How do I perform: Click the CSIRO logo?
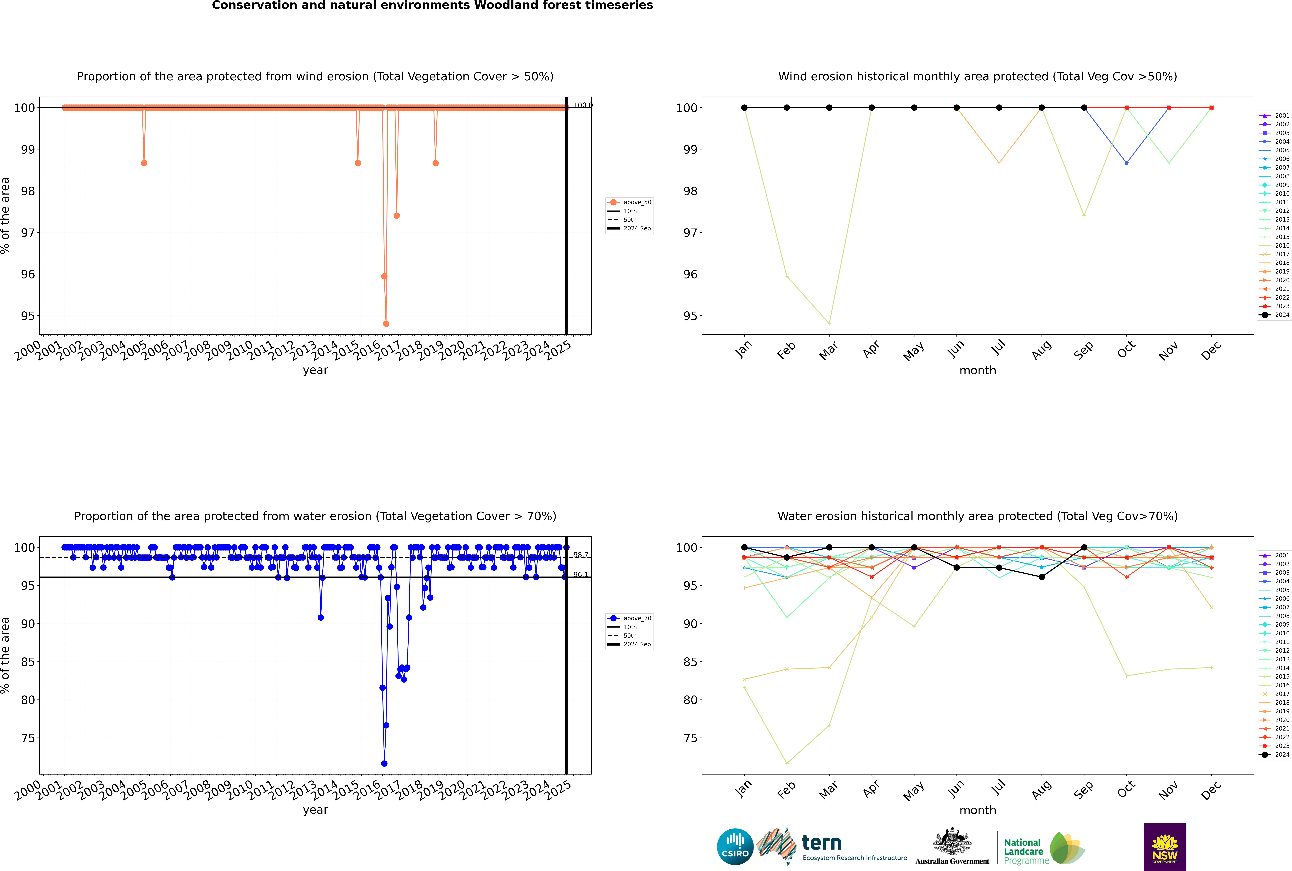click(x=735, y=847)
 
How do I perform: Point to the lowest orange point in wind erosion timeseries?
click(x=386, y=324)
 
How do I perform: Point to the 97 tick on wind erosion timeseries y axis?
click(x=28, y=233)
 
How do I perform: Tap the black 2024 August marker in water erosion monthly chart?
click(x=1042, y=577)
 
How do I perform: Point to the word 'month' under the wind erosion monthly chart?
click(x=978, y=371)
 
